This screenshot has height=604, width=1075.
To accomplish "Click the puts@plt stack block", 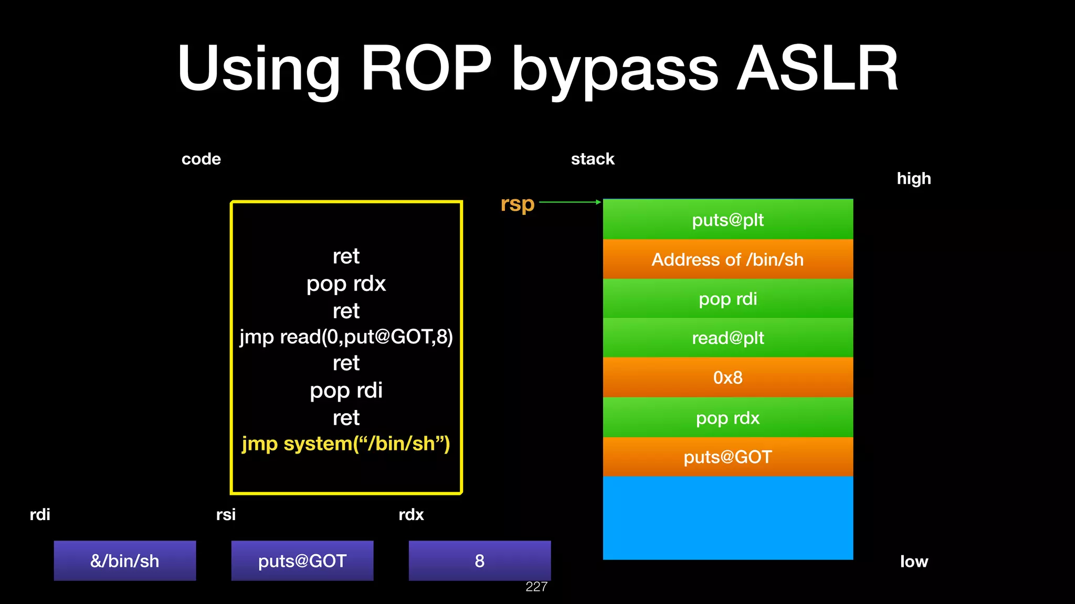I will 728,219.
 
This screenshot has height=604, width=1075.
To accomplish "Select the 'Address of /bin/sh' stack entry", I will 728,259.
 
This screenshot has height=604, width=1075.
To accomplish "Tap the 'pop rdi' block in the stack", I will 728,298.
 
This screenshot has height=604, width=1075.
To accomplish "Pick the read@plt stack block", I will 728,338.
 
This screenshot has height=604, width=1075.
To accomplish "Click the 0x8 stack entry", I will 728,377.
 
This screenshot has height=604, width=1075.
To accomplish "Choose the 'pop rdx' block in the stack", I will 728,417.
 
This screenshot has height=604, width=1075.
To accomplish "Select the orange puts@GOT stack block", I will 728,457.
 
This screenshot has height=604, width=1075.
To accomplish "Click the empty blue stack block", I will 728,518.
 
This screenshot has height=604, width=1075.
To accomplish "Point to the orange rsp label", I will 517,204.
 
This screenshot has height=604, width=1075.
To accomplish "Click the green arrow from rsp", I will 570,202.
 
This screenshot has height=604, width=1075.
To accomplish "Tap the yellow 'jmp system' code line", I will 346,444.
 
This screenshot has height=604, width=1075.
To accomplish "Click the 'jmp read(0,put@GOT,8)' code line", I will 346,337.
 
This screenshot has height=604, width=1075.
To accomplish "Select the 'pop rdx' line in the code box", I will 346,284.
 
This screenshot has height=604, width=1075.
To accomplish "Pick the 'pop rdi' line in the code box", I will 346,391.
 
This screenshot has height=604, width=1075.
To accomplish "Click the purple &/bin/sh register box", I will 125,560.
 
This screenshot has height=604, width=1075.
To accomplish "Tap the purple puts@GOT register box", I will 302,560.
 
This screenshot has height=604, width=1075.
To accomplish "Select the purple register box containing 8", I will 480,560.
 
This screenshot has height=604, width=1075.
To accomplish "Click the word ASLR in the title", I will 818,69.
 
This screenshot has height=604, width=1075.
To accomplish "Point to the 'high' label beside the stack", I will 914,178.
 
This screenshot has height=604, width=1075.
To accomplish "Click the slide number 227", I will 536,587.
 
